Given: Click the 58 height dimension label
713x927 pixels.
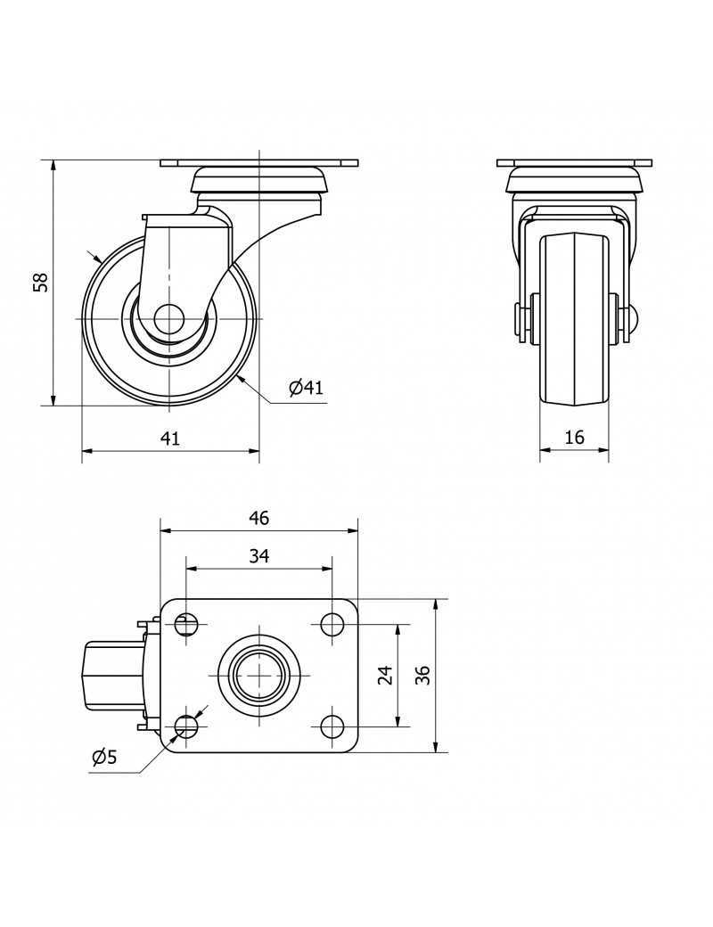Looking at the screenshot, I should tap(39, 283).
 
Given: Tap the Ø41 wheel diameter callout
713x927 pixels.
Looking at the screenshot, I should tap(306, 388).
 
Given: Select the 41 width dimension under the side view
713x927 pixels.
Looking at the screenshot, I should tap(170, 438).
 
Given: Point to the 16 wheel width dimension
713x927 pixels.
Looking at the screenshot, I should tap(574, 437).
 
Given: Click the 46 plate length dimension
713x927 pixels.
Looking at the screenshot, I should tap(258, 518).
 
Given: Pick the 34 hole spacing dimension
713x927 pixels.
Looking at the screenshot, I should tap(258, 556).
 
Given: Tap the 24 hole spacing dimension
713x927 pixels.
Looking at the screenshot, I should tap(385, 675).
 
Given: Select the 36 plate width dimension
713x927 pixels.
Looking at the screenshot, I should tap(424, 675).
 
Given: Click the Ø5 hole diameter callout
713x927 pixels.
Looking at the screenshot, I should tap(104, 758).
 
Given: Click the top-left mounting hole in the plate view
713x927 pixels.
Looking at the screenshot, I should tap(186, 624).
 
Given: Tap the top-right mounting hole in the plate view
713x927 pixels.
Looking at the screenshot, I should tap(332, 624).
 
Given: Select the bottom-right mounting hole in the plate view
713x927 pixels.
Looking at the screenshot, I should tap(332, 726).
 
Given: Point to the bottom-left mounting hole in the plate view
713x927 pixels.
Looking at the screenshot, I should tap(186, 726).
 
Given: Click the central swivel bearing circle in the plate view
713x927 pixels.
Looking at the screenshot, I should tap(259, 675).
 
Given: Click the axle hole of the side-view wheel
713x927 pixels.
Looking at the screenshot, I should tap(169, 318).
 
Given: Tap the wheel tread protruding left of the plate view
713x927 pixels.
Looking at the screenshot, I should tap(113, 675).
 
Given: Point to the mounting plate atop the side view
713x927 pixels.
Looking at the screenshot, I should tap(258, 163).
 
